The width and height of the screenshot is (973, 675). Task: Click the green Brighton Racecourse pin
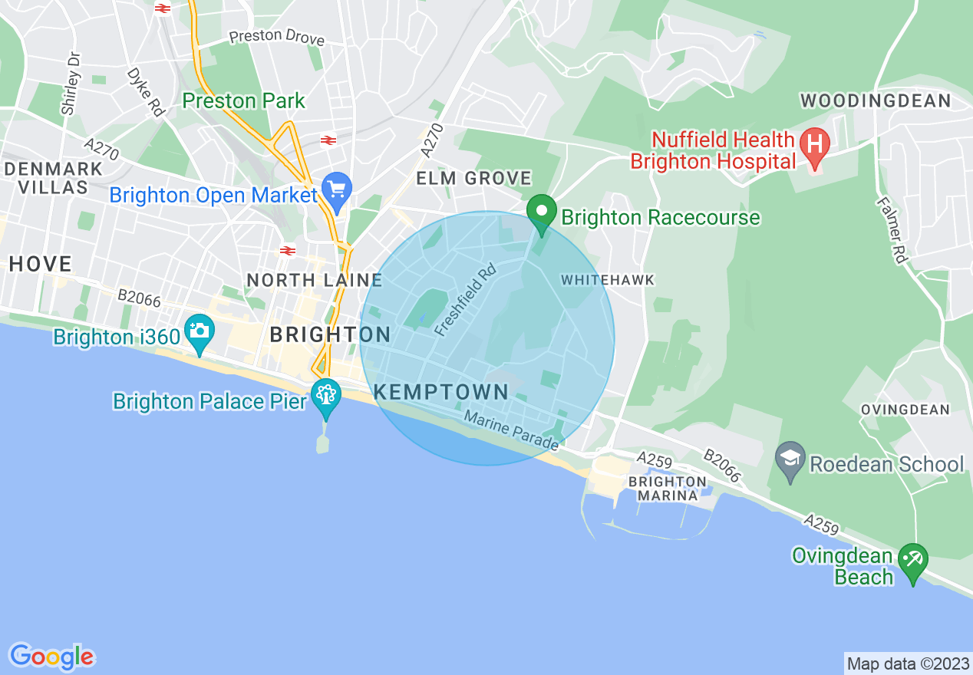point(542,212)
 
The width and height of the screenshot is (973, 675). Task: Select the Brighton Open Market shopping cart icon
point(336,189)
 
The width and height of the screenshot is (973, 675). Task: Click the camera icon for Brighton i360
point(200,331)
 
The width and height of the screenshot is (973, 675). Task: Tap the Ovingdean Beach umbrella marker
point(912,561)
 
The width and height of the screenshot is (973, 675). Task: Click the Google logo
point(51,657)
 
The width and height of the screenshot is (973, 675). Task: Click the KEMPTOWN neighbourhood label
point(441,392)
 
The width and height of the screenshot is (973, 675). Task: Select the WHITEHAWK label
point(608,280)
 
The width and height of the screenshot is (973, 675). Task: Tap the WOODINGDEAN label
point(876,100)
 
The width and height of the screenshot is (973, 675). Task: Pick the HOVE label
point(41,265)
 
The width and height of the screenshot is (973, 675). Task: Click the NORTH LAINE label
point(315,280)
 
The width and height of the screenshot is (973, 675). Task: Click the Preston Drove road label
point(277,37)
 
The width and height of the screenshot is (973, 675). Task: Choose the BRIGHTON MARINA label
point(667,488)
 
